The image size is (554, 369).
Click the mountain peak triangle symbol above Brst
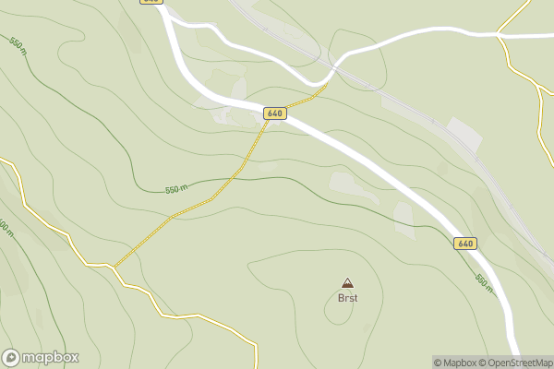pos(347,283)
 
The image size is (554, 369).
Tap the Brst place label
pos(347,298)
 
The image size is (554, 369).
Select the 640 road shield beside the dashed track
pos(274,113)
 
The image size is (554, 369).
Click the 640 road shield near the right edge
pos(465,244)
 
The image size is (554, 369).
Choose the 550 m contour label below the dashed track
pos(175,189)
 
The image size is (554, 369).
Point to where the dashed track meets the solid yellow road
pos(114,267)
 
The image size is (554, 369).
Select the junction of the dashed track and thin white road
pos(326,84)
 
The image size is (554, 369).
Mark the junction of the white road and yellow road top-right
pos(499,35)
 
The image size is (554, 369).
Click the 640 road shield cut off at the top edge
pos(151,2)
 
